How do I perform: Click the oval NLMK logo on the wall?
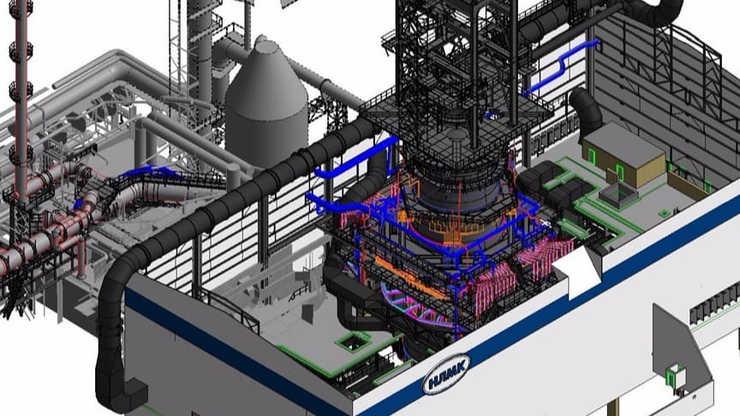pyautogui.click(x=445, y=375)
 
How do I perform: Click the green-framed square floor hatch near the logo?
pyautogui.click(x=354, y=340)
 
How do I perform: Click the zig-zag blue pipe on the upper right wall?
pyautogui.click(x=562, y=67)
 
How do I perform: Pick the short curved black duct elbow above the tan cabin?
pyautogui.click(x=585, y=110)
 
